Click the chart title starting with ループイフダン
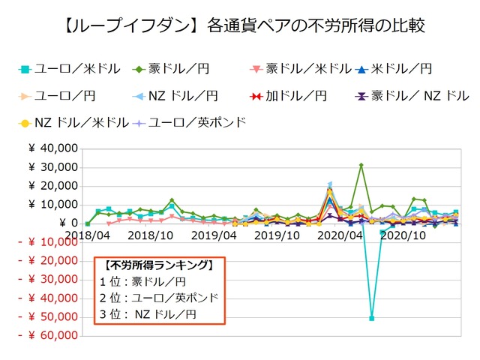[x=240, y=27]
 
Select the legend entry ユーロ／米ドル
[x=69, y=69]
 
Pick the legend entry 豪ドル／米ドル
[x=300, y=69]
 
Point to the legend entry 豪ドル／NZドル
[x=412, y=96]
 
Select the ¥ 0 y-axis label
[x=67, y=223]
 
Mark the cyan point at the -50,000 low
[x=372, y=318]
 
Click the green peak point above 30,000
[x=361, y=165]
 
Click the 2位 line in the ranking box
[x=159, y=298]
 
